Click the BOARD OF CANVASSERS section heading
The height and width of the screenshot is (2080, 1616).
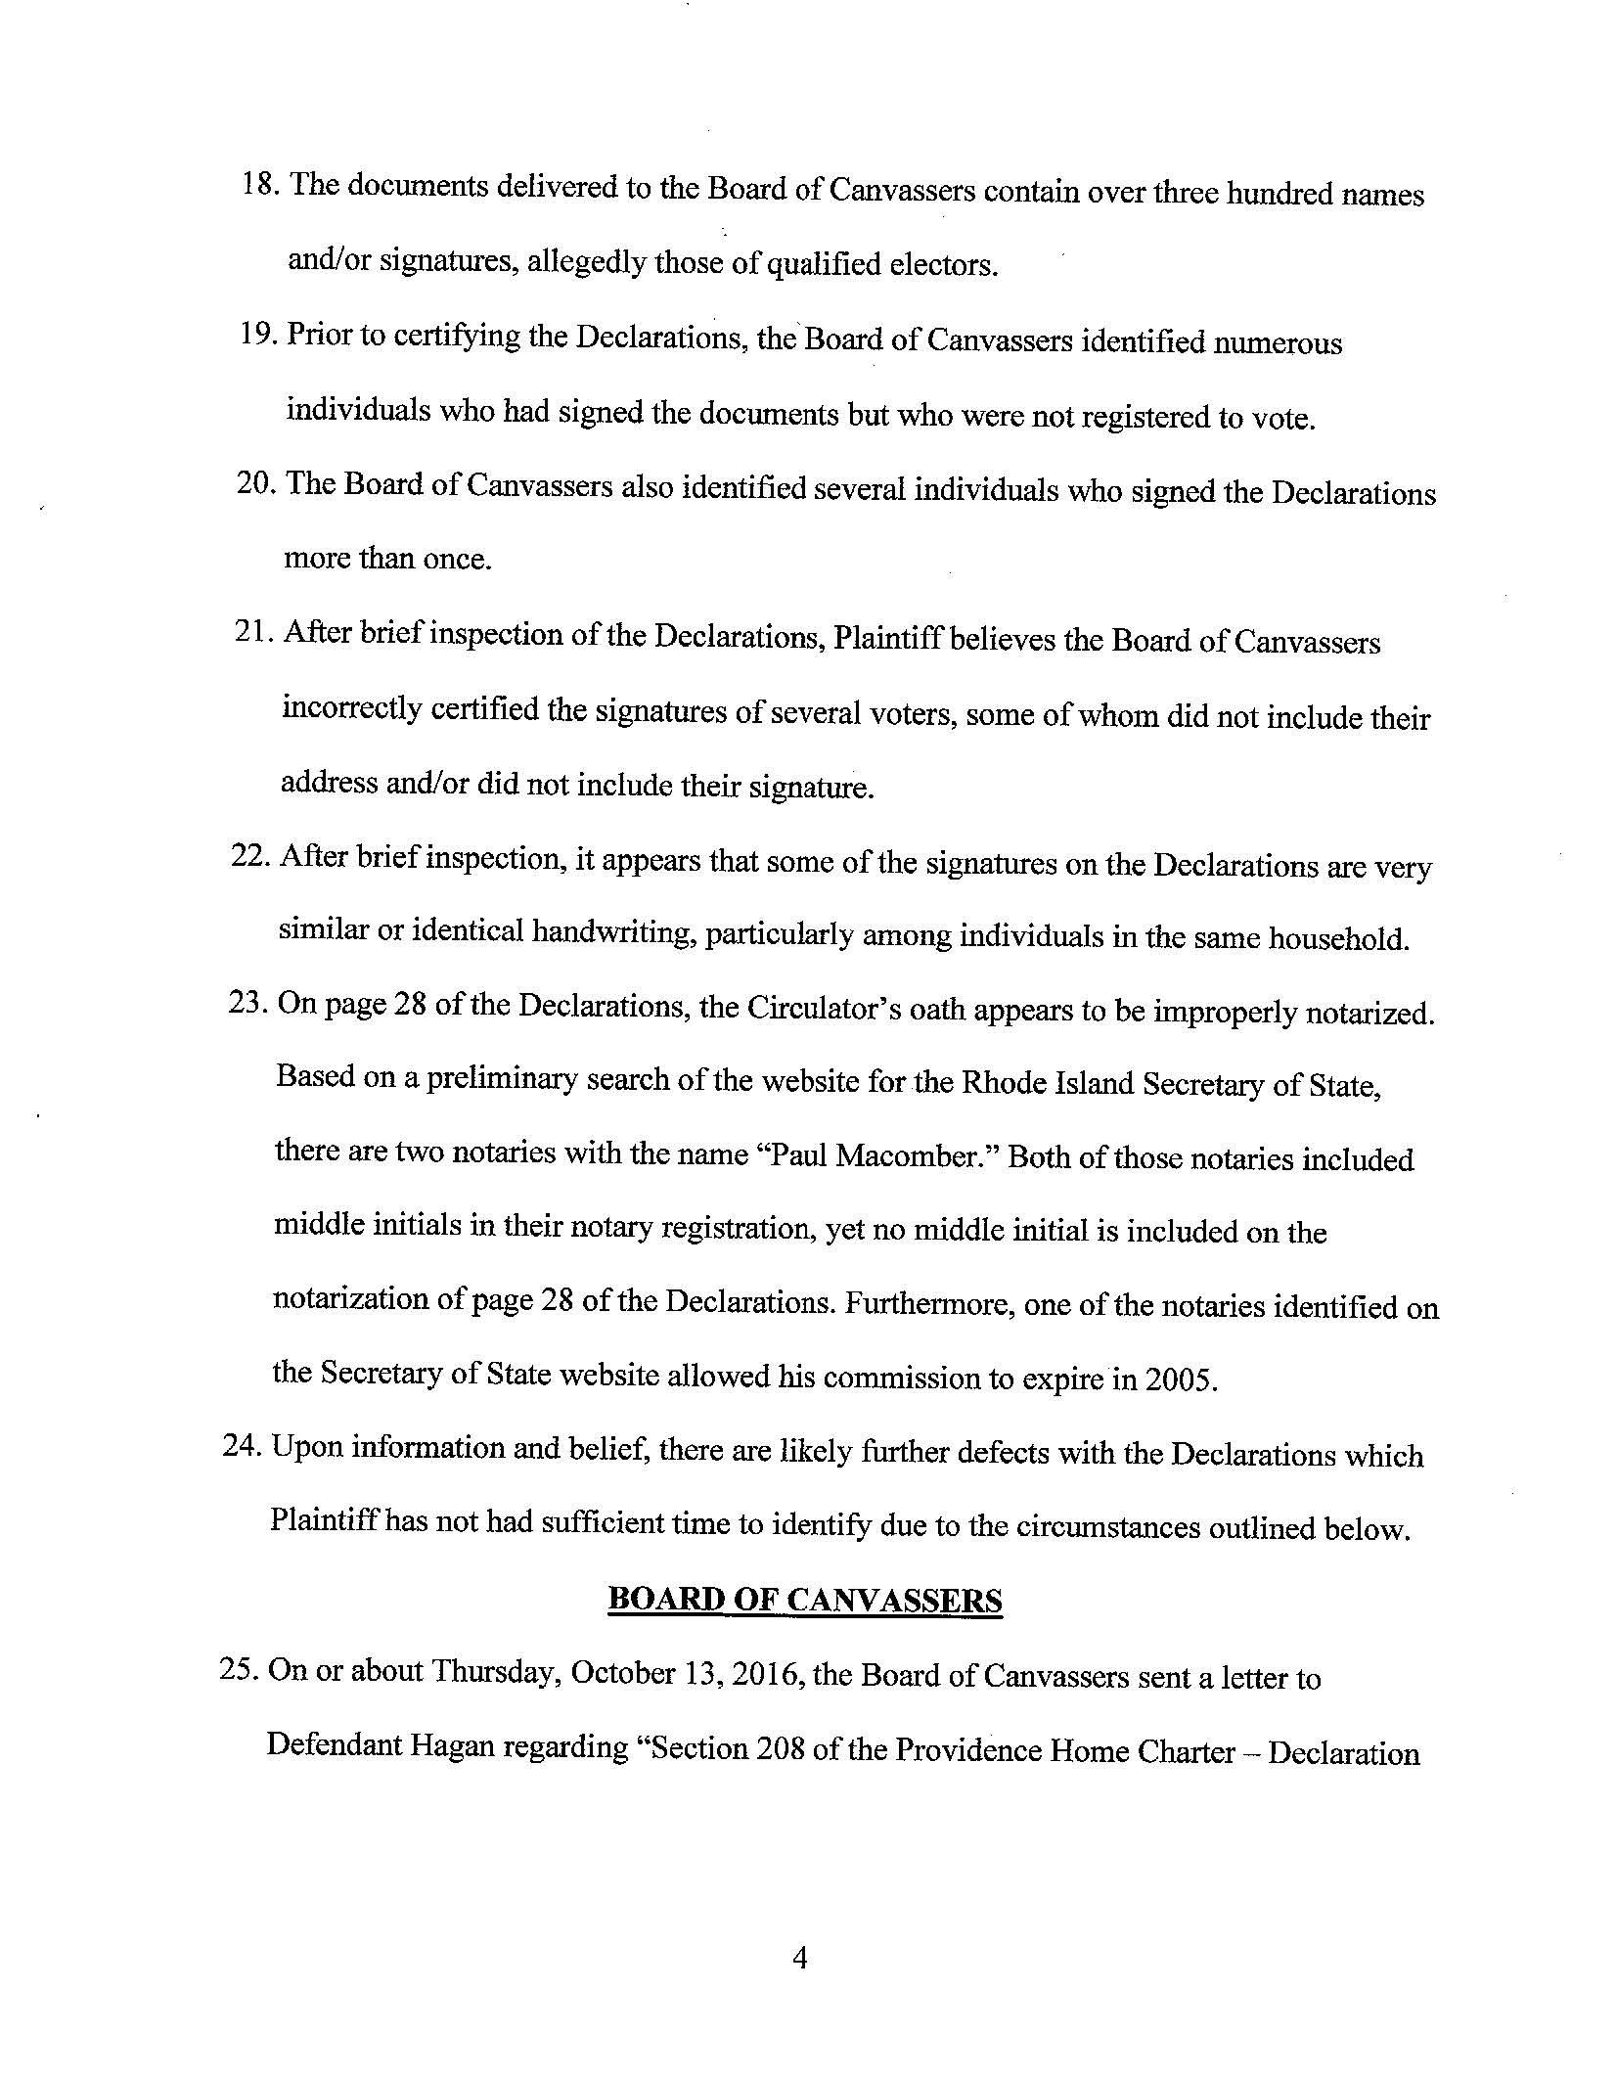click(x=804, y=1601)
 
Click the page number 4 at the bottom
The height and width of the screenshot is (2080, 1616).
click(x=799, y=1958)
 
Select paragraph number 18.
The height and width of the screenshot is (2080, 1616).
click(x=260, y=186)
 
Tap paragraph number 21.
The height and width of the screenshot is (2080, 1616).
click(x=256, y=633)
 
